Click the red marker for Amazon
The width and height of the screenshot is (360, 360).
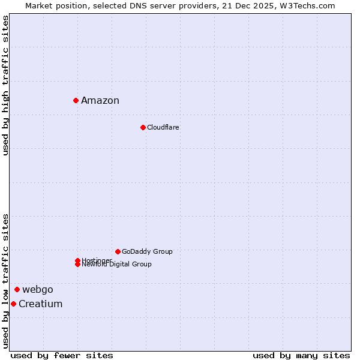tap(76, 100)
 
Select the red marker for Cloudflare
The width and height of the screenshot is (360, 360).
tap(143, 127)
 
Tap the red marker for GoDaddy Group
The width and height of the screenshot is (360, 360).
tap(118, 251)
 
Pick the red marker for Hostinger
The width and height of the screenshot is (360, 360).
tap(77, 260)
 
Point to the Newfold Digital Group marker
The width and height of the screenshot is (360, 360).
tap(77, 265)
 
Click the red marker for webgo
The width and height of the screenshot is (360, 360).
tap(17, 289)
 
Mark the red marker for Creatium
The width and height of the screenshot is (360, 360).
tap(13, 304)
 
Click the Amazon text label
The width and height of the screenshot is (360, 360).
tap(100, 101)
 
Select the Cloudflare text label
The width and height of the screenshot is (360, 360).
tap(163, 127)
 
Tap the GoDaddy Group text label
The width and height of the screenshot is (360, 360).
tap(147, 251)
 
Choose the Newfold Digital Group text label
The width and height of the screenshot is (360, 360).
tap(117, 265)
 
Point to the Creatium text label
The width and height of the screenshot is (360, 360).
tap(41, 304)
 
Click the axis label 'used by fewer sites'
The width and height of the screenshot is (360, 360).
tap(62, 356)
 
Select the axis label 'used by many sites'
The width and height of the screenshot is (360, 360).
tap(301, 356)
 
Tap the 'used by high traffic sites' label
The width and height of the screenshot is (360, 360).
tap(5, 85)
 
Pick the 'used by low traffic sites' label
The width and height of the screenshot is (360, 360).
tap(5, 281)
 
